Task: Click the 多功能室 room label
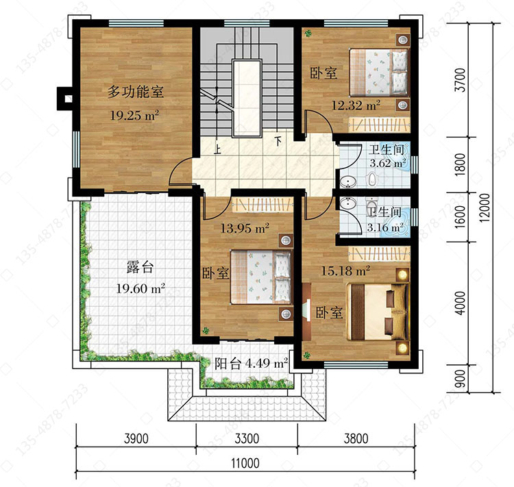click(x=136, y=91)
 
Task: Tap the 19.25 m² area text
click(x=134, y=115)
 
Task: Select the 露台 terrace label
click(x=140, y=267)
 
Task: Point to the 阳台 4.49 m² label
click(x=252, y=363)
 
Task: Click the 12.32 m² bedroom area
click(x=356, y=105)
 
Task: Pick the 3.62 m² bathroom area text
click(x=388, y=163)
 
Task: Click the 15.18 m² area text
click(x=345, y=271)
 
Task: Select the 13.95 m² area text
click(x=245, y=228)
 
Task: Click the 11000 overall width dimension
click(x=245, y=464)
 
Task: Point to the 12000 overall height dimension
click(x=485, y=208)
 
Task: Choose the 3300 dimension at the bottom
click(x=247, y=438)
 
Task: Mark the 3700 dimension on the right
click(x=461, y=80)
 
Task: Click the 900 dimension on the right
click(x=461, y=379)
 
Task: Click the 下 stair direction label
click(x=278, y=141)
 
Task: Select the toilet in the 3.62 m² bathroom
click(x=371, y=179)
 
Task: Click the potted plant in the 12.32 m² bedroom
click(x=308, y=33)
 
